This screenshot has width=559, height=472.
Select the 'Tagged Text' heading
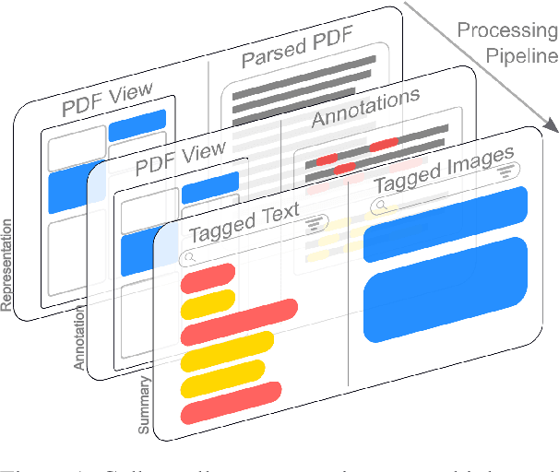(x=244, y=218)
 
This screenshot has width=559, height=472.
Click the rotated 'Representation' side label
(x=10, y=265)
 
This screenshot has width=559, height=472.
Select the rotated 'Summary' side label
(x=145, y=403)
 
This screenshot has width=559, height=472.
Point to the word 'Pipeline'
(x=522, y=55)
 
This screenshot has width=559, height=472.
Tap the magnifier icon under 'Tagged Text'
(x=190, y=258)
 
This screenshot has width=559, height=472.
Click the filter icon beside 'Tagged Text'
(x=316, y=221)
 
